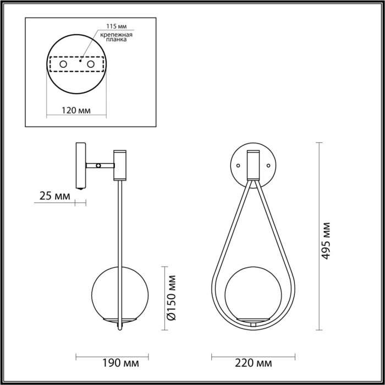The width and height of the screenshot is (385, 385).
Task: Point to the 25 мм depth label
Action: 54,195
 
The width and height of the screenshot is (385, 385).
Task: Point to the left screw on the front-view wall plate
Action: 238,164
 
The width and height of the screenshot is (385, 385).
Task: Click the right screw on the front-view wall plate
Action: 268,164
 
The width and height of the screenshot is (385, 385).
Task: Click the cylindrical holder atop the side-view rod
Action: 119,164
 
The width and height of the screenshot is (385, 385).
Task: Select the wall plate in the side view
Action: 79,165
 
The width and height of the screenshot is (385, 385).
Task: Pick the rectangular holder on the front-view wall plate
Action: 253,164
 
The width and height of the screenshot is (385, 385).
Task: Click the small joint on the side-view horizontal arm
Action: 98,165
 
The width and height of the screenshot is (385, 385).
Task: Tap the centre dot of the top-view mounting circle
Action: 81,62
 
